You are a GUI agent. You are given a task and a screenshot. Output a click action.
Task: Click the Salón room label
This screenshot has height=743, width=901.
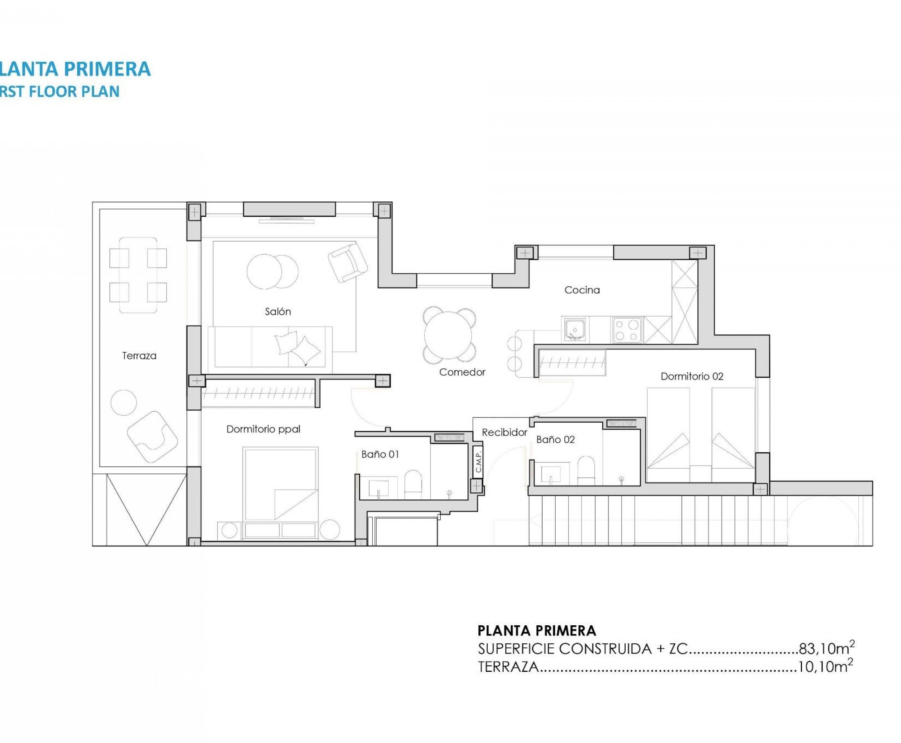tap(278, 312)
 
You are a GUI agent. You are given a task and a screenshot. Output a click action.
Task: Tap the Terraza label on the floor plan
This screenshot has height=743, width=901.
tap(139, 356)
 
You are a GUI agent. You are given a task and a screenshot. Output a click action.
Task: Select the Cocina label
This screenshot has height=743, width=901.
tap(582, 290)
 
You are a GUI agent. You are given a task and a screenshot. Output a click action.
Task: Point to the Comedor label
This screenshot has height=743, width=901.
tap(462, 372)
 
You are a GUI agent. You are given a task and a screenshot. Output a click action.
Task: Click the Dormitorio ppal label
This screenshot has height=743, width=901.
tap(263, 429)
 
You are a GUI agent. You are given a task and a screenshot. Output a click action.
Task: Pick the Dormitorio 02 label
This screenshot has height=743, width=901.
tap(692, 377)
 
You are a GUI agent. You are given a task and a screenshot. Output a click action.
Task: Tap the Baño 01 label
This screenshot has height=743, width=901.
tap(380, 454)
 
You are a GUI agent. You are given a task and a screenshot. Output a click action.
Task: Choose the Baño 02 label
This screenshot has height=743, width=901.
tap(555, 440)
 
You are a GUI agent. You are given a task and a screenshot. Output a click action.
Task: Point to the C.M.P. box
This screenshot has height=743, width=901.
tap(479, 461)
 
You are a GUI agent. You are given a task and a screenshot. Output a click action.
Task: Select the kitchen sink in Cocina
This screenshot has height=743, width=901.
tap(574, 329)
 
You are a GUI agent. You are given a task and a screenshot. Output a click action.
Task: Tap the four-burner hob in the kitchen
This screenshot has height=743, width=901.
tap(627, 330)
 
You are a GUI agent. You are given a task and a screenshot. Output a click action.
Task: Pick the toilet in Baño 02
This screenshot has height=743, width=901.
tap(586, 470)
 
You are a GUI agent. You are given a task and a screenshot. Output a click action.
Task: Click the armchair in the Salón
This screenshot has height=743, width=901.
tap(348, 262)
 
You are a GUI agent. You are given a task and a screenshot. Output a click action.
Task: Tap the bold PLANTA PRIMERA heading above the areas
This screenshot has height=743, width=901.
tap(536, 630)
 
